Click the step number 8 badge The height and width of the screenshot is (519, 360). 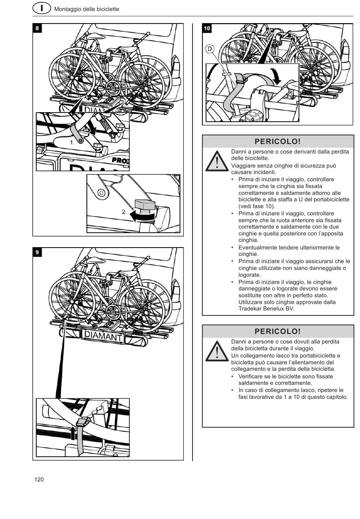tap(37, 28)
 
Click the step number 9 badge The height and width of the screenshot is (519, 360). tap(37, 252)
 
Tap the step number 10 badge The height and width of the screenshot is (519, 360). tap(207, 28)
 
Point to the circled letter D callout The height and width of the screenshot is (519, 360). tap(210, 49)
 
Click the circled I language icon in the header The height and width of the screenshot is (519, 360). tap(42, 8)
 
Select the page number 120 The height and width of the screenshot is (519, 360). tap(39, 480)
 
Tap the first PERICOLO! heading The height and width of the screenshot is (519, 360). tap(278, 141)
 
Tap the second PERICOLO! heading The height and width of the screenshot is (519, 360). tap(278, 331)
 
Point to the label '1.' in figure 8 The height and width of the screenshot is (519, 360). tap(72, 143)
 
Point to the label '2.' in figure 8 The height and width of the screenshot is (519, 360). tap(124, 212)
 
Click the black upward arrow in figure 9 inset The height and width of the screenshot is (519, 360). tap(73, 432)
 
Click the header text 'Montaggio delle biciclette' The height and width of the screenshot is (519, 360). tap(86, 9)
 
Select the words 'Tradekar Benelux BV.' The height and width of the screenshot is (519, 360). tap(266, 309)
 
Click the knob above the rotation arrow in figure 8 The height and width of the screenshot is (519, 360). tap(146, 205)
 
